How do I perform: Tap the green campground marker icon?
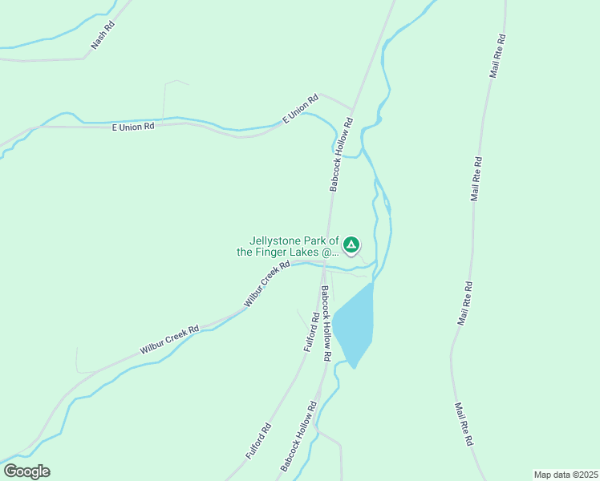coord(351,244)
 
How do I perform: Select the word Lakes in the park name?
coord(302,252)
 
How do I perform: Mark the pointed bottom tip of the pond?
coord(354,368)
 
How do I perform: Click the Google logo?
coord(26,471)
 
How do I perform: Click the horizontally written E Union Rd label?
coord(132,127)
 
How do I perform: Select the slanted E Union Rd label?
coord(301,108)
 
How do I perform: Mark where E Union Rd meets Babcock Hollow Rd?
coord(352,109)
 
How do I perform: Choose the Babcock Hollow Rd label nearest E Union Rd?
coord(341,155)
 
